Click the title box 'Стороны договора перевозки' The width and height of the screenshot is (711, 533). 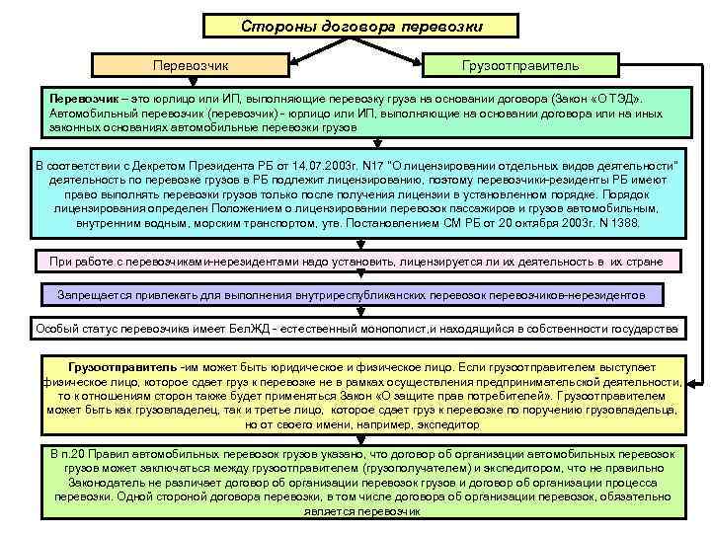click(x=355, y=25)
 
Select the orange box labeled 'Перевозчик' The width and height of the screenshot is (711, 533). click(x=191, y=64)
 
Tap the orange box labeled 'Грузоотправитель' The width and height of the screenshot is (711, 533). click(x=520, y=64)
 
